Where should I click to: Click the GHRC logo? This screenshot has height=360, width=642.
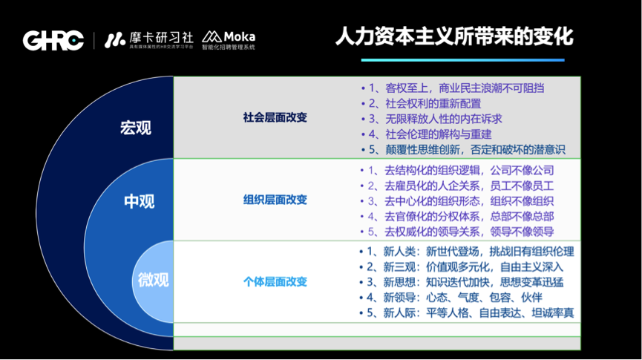click(x=53, y=40)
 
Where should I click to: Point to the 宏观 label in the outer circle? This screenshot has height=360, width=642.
click(x=135, y=128)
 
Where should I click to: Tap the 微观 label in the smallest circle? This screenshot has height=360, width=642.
click(x=154, y=280)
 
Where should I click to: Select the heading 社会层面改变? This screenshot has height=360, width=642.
click(x=275, y=117)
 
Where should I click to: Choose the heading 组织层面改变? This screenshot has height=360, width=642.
click(x=275, y=200)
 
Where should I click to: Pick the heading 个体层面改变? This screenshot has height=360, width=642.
click(x=275, y=281)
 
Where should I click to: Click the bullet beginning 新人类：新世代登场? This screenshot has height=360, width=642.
click(x=468, y=252)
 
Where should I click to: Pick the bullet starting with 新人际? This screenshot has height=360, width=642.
click(x=468, y=312)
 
